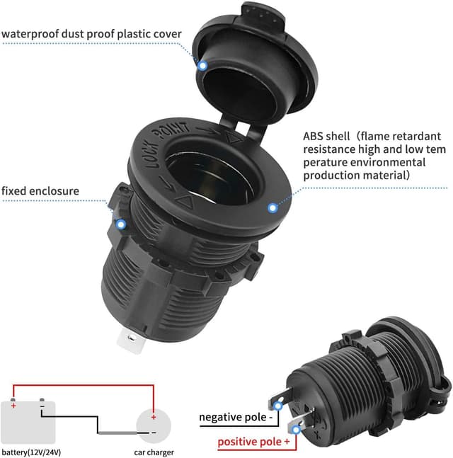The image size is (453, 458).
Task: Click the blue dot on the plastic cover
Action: pos(202,66)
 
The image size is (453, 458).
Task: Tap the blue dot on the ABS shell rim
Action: pos(273,207)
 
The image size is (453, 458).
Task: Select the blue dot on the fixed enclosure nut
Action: pos(121,225)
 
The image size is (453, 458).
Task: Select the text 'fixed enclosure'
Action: pos(40,190)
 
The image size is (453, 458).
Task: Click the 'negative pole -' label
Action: pos(236,417)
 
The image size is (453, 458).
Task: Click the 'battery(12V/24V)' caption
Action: pos(30,452)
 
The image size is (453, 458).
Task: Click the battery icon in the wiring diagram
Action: pos(29,420)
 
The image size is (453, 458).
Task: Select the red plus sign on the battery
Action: pos(13,406)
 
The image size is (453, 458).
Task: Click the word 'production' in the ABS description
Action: pos(331,175)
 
